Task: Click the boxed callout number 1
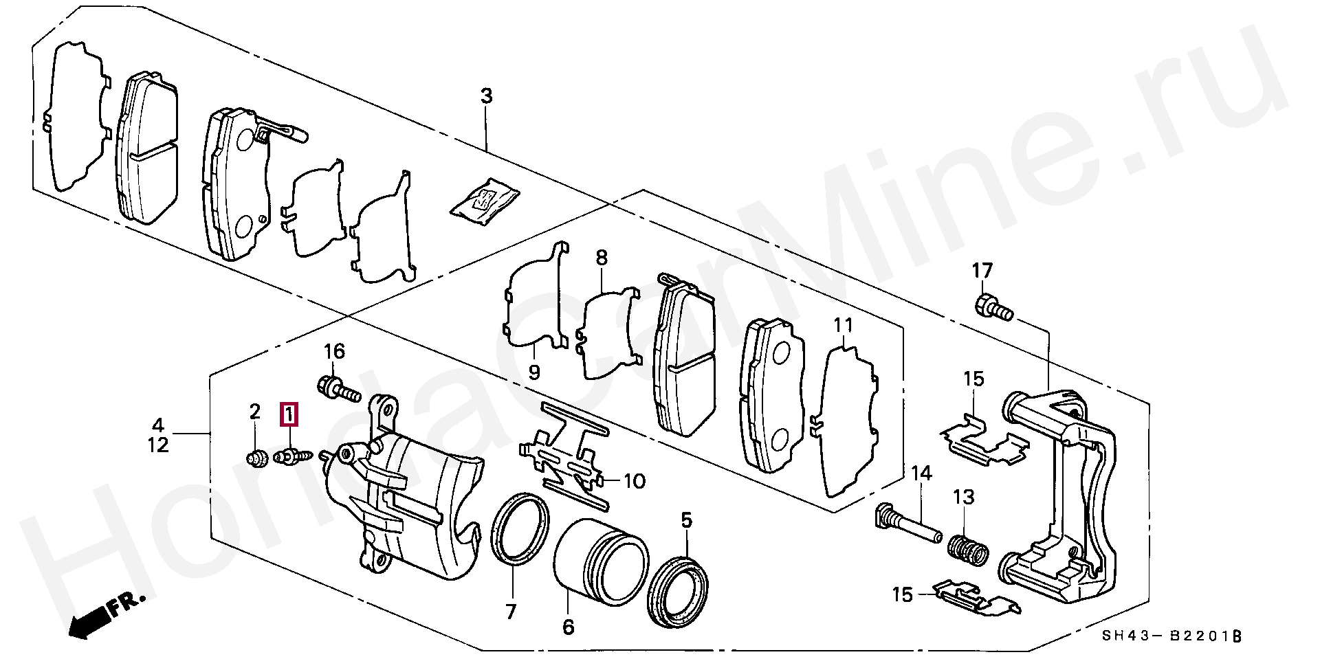coord(289,414)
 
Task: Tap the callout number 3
coord(486,96)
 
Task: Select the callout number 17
coord(982,271)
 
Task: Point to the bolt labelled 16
coord(339,388)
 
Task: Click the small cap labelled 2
coord(256,458)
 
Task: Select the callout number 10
coord(634,480)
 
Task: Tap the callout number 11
coord(843,326)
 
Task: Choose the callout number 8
coord(602,258)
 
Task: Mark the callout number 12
coord(158,445)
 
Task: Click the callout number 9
coord(534,372)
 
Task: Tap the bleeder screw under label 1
coord(294,456)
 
